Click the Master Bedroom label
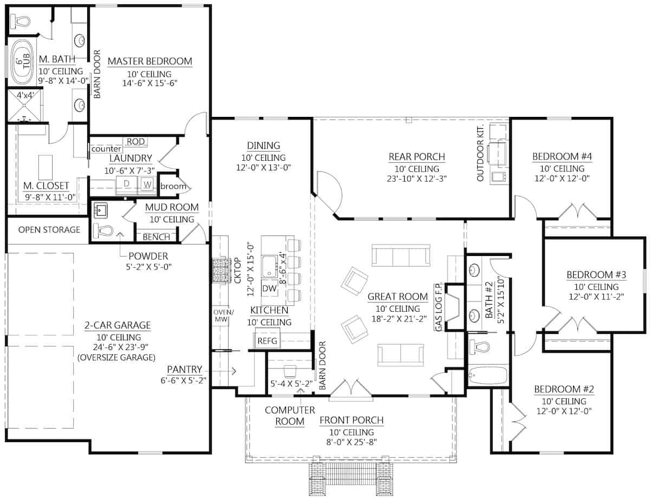[x=150, y=61]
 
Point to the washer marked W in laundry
[x=147, y=185]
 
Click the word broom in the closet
[x=173, y=186]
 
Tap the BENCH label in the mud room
[x=156, y=237]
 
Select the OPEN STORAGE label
[x=49, y=229]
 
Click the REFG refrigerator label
[x=267, y=341]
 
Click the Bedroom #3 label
[x=596, y=274]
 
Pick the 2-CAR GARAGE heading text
[x=117, y=325]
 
